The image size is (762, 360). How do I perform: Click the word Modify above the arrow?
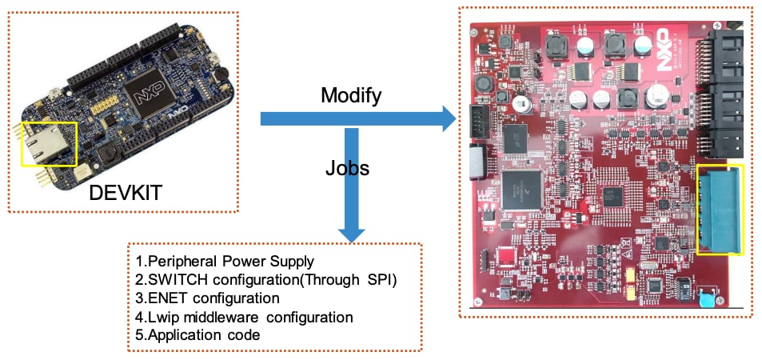pos(351,96)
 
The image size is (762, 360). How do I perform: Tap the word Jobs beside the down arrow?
pos(347,169)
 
